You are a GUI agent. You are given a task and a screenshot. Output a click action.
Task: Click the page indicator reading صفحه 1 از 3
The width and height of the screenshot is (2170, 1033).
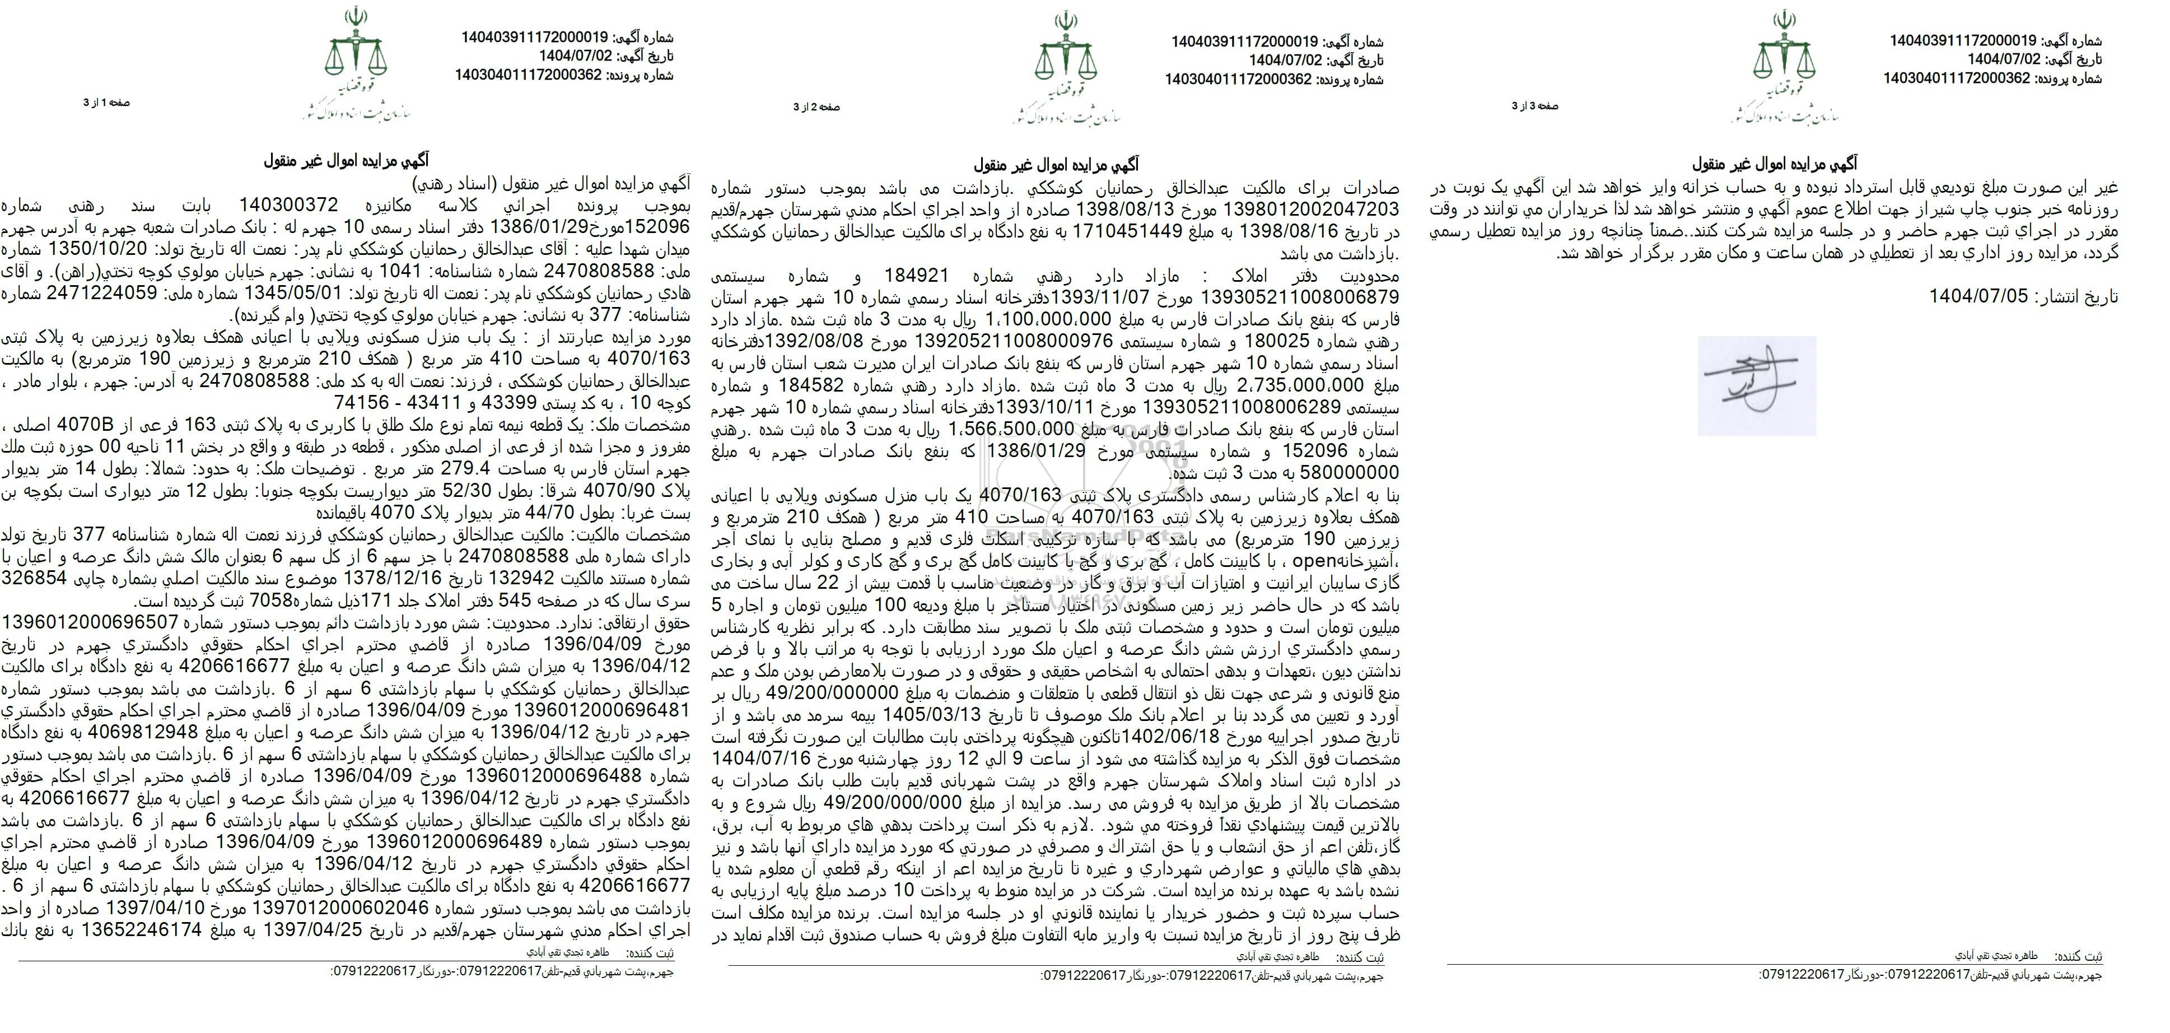coord(106,103)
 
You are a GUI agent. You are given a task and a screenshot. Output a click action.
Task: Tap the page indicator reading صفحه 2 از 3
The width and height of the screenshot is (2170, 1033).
coord(816,107)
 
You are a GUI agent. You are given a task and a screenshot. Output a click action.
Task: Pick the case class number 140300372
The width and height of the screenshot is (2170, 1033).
coord(288,204)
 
